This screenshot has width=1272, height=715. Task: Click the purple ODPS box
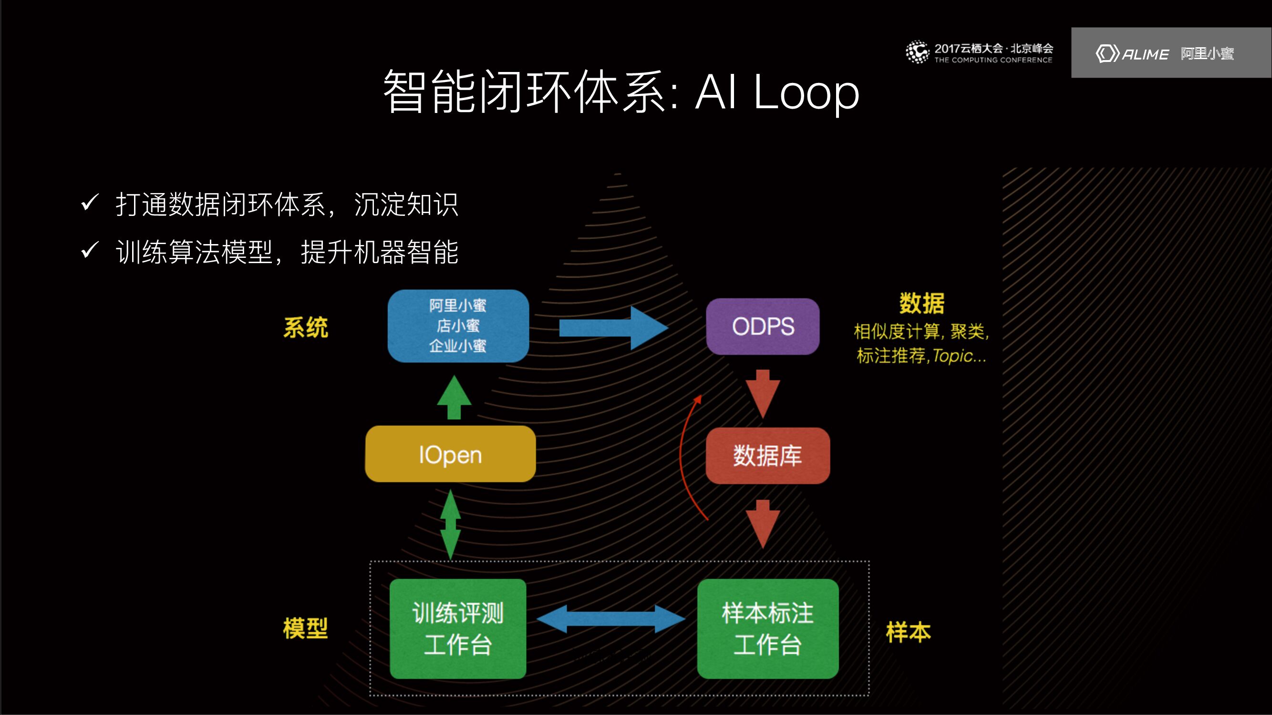[763, 326]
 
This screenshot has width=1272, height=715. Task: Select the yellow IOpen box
[450, 454]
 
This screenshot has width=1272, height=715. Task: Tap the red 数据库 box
[767, 455]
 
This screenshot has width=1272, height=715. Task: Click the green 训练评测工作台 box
[458, 628]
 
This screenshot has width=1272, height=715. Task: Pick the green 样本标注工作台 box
[767, 628]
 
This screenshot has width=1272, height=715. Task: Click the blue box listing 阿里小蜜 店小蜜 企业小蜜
[458, 326]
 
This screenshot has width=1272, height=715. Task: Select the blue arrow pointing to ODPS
[612, 327]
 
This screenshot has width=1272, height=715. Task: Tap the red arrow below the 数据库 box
[763, 523]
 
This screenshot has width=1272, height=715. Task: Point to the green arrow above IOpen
[454, 398]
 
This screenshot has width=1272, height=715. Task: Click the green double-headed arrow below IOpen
[450, 524]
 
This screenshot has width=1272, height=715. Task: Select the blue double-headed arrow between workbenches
[611, 619]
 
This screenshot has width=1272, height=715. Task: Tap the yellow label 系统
[305, 327]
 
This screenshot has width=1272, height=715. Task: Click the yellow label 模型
[305, 628]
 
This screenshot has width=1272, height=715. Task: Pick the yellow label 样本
[908, 632]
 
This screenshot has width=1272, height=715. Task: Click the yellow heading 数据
[921, 303]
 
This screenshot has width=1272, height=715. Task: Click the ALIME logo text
[1145, 54]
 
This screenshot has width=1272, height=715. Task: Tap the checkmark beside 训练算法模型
[90, 250]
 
